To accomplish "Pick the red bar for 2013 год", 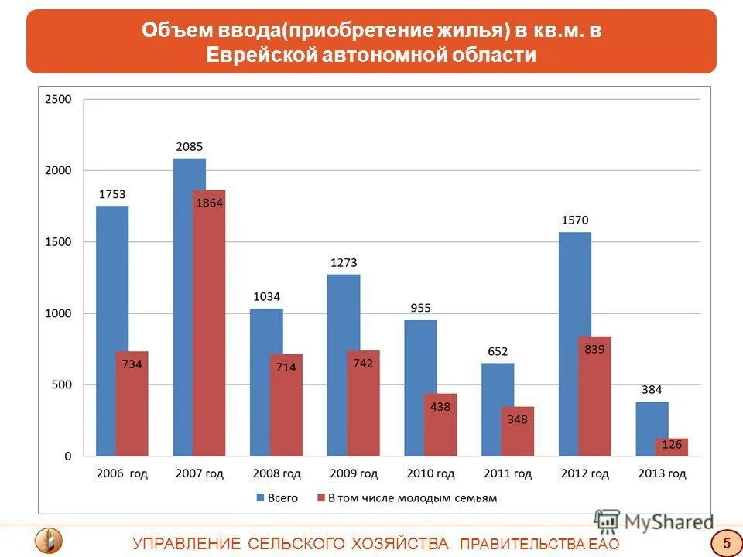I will [x=671, y=447].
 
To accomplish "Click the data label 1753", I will [x=112, y=194].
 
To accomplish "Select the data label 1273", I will [x=344, y=262].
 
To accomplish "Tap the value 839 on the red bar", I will [x=594, y=349].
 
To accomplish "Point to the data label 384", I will [x=652, y=389].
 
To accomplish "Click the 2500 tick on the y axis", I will [x=58, y=99].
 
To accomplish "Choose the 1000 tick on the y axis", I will [x=58, y=313].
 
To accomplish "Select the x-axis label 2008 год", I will [x=276, y=473].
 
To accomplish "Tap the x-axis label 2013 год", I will [x=662, y=473].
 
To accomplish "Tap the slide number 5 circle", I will [x=726, y=542].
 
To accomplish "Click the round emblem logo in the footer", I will [x=49, y=540].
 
